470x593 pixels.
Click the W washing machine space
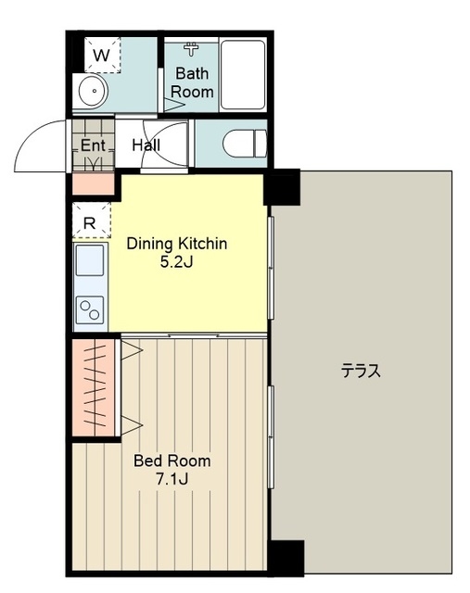[x=102, y=56]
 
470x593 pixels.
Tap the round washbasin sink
[x=94, y=91]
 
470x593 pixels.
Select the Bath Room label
[x=192, y=82]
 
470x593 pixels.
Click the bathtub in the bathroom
[x=243, y=74]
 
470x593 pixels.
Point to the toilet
[x=245, y=144]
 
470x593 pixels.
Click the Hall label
[x=146, y=145]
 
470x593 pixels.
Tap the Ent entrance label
[x=93, y=145]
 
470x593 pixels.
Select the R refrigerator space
[x=91, y=221]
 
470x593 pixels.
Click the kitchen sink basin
[x=90, y=260]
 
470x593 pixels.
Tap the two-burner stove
[x=90, y=310]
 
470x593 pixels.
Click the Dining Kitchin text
[x=177, y=244]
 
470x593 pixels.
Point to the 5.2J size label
[x=177, y=261]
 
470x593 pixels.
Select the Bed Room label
[x=172, y=461]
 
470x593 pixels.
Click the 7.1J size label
[x=172, y=479]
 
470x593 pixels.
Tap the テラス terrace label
[x=361, y=371]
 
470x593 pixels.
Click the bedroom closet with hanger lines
[x=94, y=387]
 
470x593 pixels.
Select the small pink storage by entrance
[x=93, y=183]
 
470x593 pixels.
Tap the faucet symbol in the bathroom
[x=191, y=49]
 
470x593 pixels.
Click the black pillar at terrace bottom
[x=286, y=558]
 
